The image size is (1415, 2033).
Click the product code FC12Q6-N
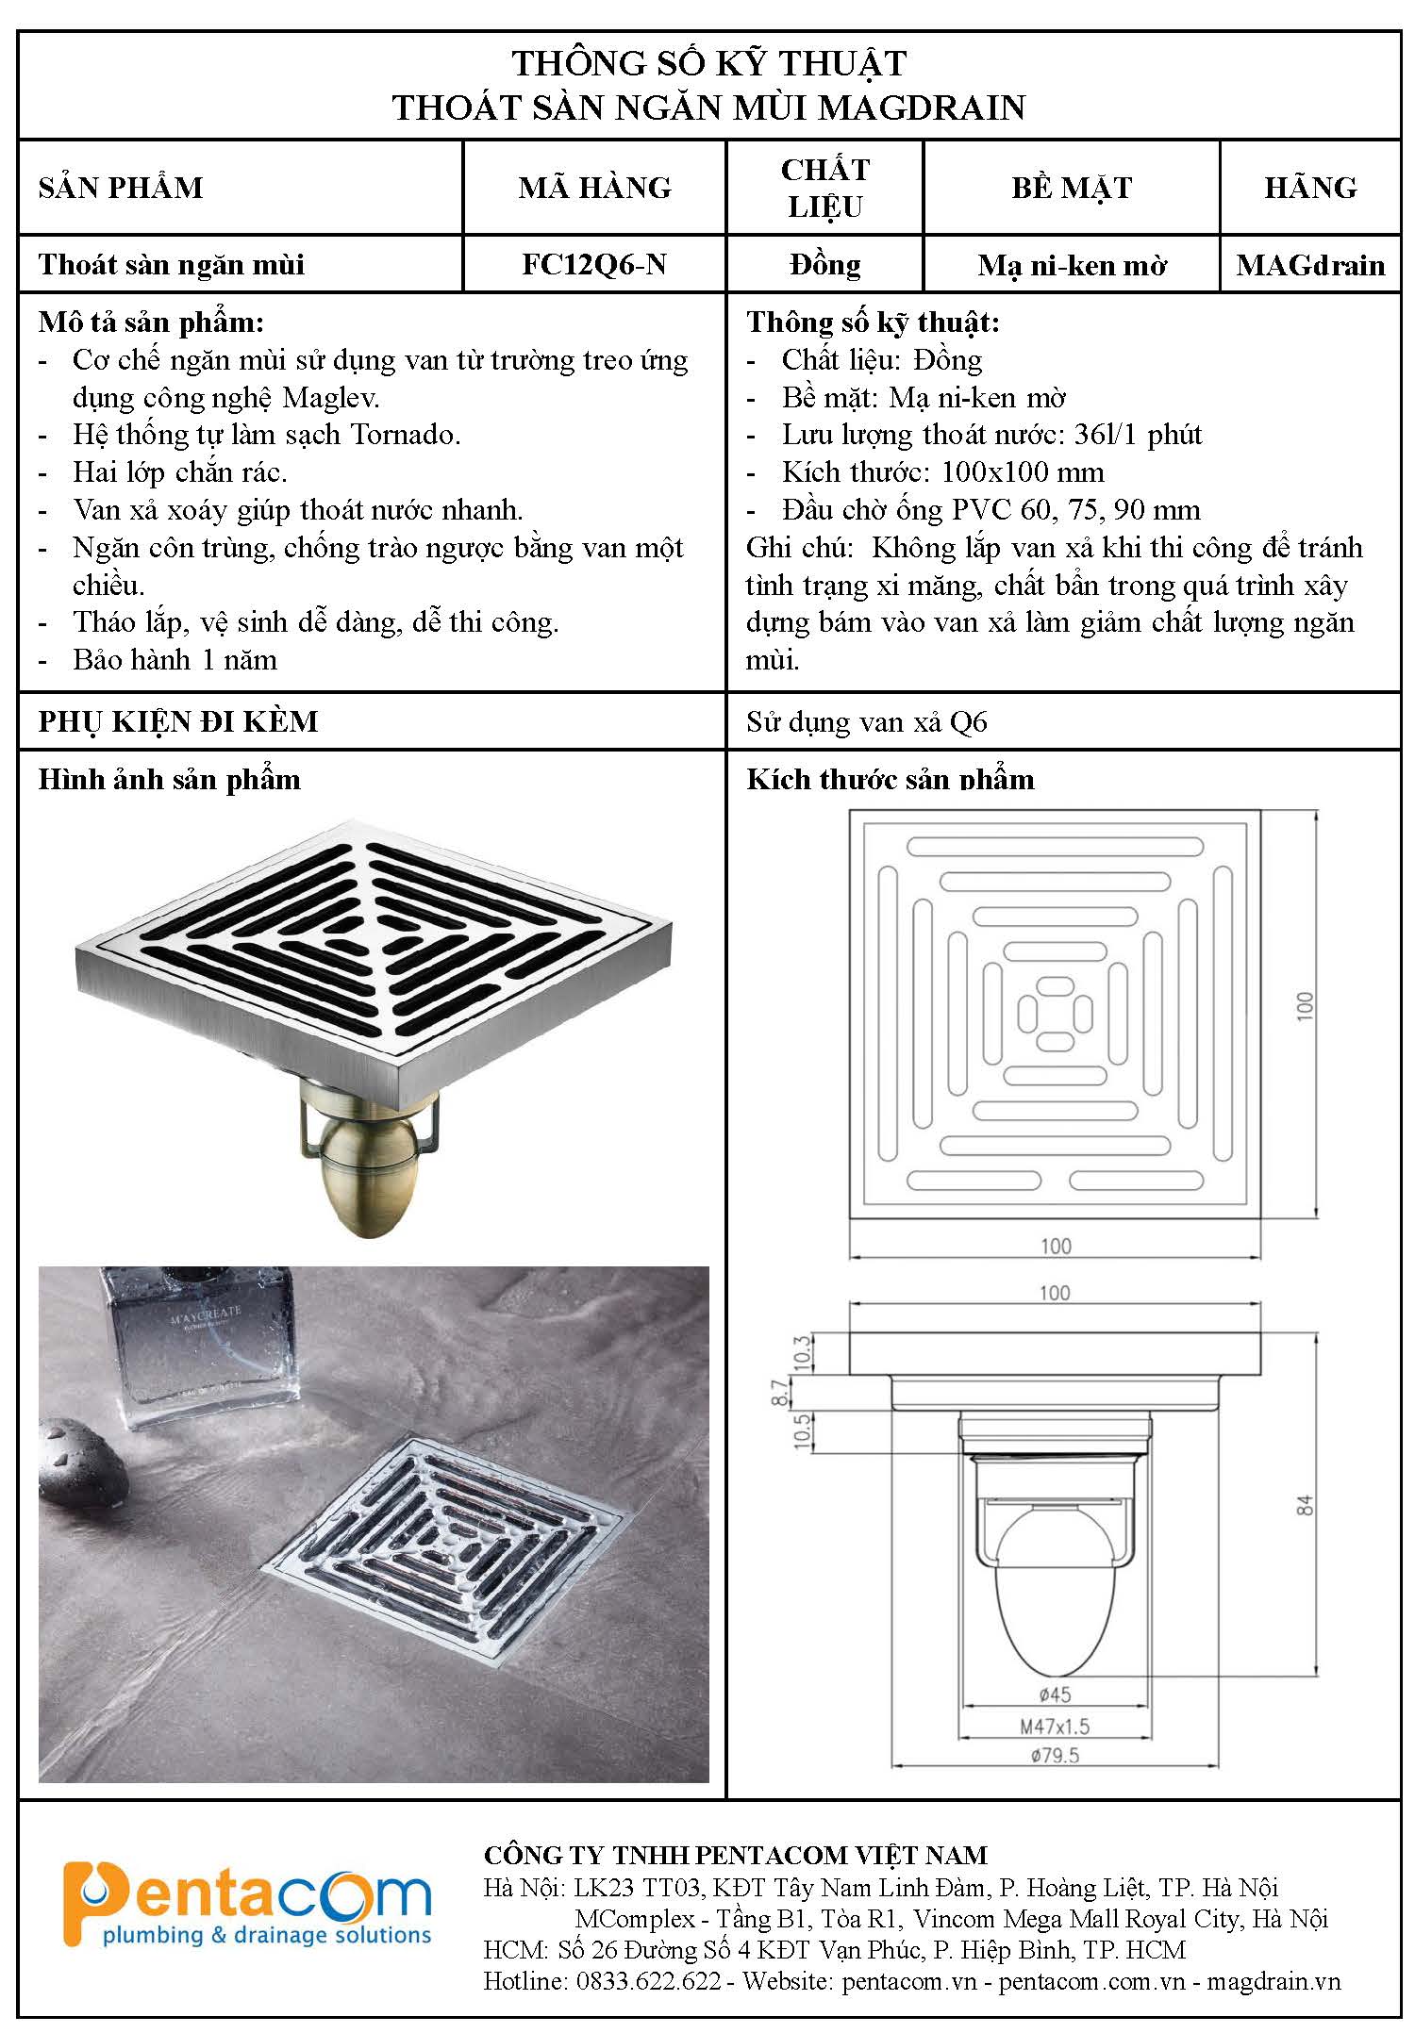point(594,264)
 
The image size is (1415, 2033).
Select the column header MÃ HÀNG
point(594,188)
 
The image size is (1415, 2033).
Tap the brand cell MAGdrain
point(1310,265)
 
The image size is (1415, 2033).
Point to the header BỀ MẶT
point(1072,188)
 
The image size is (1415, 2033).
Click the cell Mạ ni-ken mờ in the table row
point(1072,266)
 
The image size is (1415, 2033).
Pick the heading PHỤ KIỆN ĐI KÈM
point(178,721)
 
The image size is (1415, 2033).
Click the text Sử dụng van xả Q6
point(866,722)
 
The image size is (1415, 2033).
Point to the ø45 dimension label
point(1055,1694)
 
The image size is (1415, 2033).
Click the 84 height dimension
point(1306,1504)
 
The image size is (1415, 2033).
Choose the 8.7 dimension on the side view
point(779,1393)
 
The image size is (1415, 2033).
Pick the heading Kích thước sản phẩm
point(890,780)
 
